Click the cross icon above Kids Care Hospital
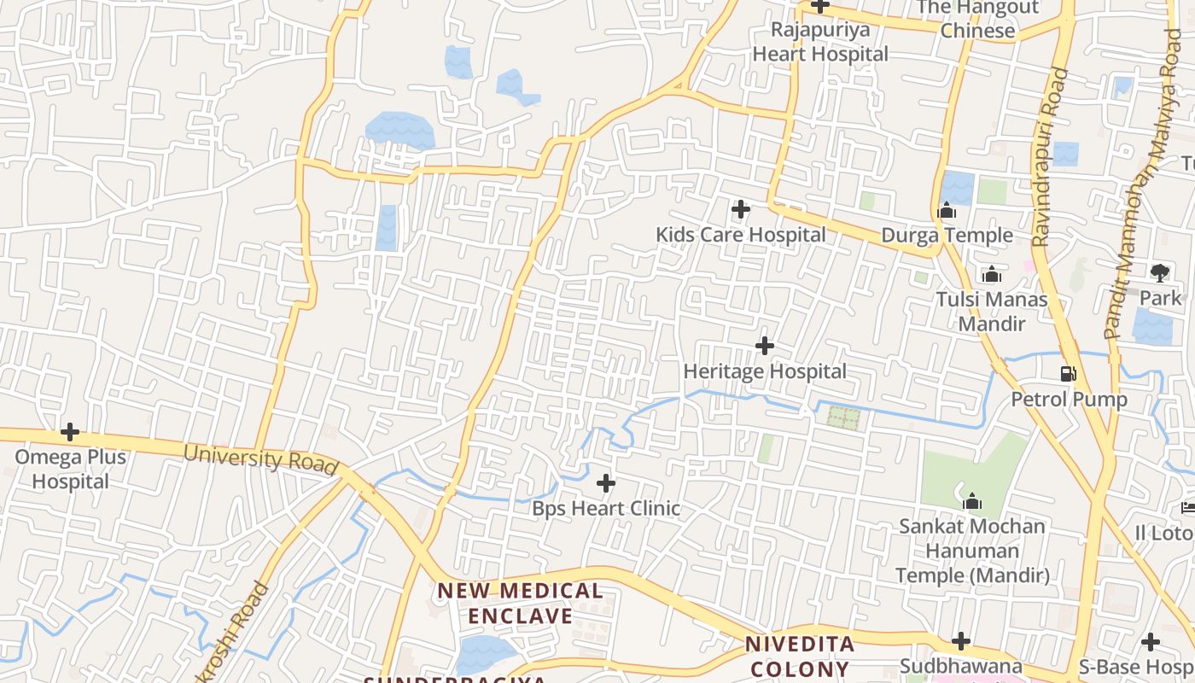point(741,208)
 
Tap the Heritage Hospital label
point(765,371)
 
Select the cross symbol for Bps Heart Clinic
point(606,484)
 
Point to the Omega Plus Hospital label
point(71,469)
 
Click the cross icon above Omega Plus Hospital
point(70,432)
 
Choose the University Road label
point(260,458)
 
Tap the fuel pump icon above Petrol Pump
point(1068,373)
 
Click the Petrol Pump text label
point(1069,399)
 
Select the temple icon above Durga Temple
point(947,210)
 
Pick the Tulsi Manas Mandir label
point(991,312)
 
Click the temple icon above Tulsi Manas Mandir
point(991,275)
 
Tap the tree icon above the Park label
point(1159,273)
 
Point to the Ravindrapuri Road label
point(1051,158)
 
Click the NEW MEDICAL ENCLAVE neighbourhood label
point(520,603)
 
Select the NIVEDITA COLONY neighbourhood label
point(799,656)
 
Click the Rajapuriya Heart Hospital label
point(819,42)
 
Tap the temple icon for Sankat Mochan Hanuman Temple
point(971,502)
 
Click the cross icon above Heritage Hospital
point(765,346)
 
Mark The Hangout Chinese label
point(977,20)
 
